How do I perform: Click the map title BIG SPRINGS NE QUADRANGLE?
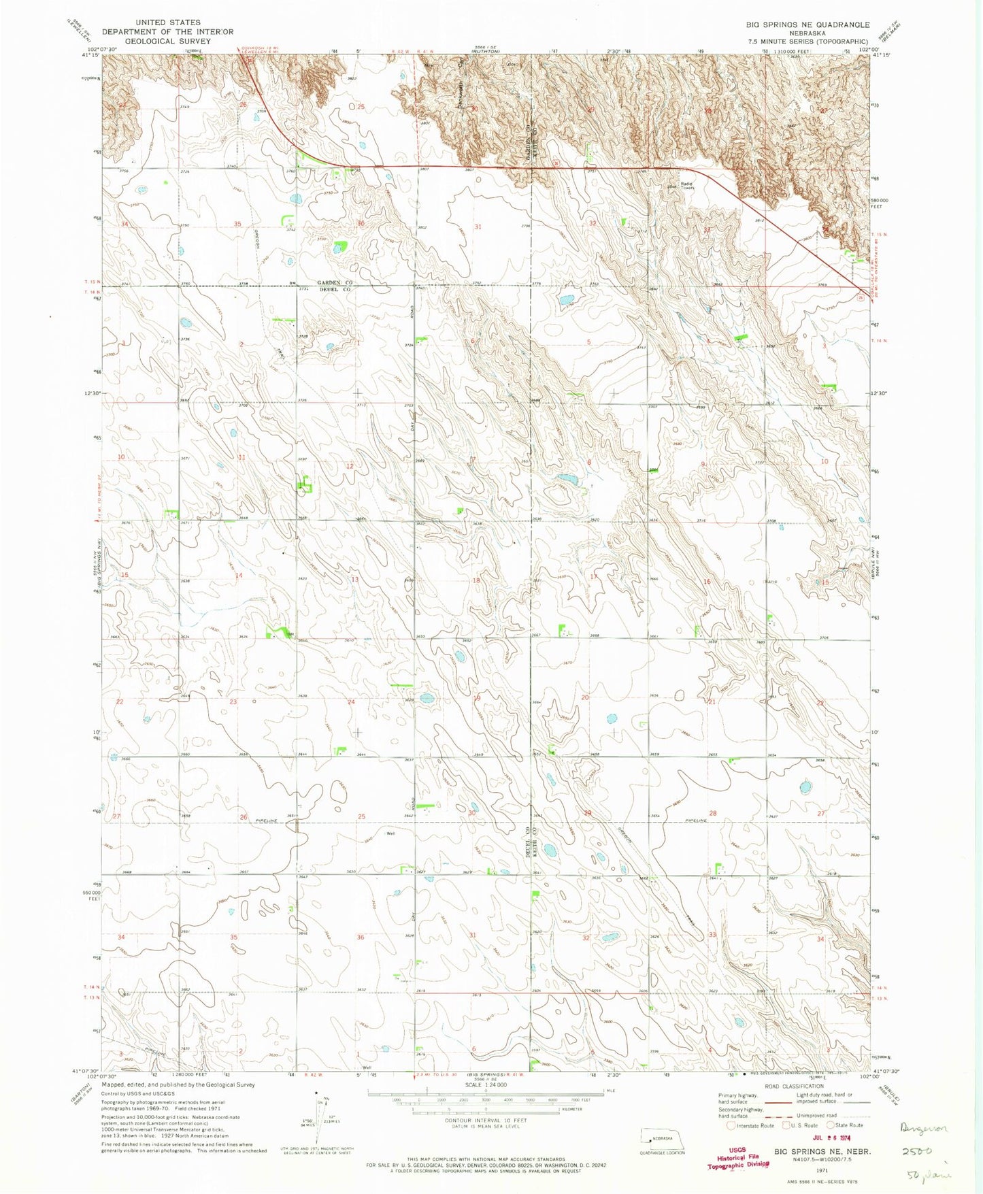[807, 24]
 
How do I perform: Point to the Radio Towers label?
[684, 186]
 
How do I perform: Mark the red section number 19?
[477, 698]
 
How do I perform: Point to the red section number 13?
[354, 579]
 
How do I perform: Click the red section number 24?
[352, 701]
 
